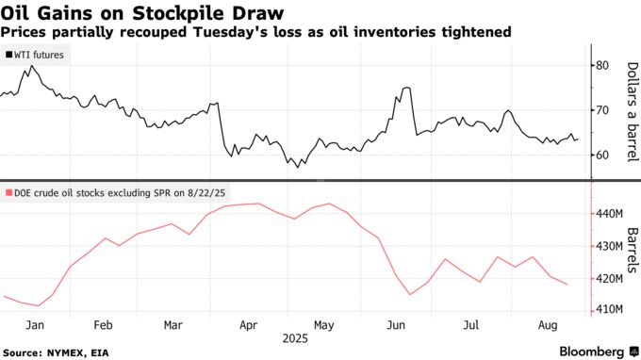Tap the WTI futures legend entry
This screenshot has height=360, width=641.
pyautogui.click(x=38, y=56)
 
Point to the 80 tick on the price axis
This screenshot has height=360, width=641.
pyautogui.click(x=603, y=65)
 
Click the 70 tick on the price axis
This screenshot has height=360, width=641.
pyautogui.click(x=603, y=110)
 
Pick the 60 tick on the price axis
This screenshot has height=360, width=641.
pyautogui.click(x=603, y=155)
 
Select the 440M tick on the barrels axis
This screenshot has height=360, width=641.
pyautogui.click(x=609, y=214)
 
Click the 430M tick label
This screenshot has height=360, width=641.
pyautogui.click(x=609, y=246)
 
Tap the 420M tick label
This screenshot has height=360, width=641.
pyautogui.click(x=609, y=278)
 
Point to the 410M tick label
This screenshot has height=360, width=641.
pyautogui.click(x=609, y=309)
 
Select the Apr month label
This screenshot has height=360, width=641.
pyautogui.click(x=250, y=324)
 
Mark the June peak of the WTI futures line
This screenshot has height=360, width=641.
pyautogui.click(x=406, y=88)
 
